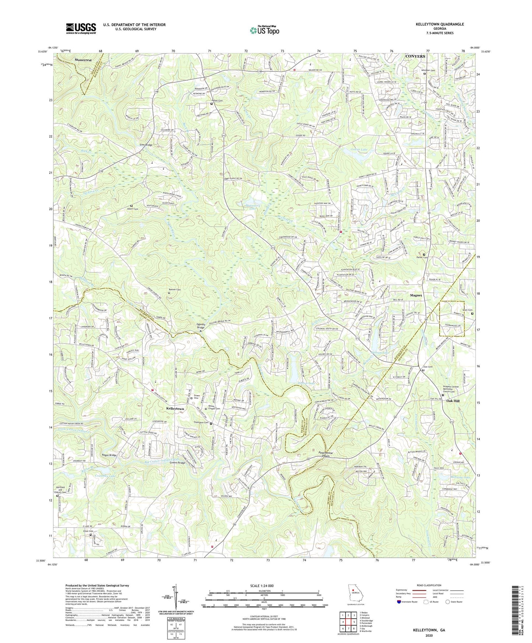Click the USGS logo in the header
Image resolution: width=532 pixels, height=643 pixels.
coord(81,28)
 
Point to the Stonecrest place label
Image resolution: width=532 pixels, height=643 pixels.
coord(82,59)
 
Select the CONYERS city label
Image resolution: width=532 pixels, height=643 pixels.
coord(415,56)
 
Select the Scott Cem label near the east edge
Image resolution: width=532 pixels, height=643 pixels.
coord(468,310)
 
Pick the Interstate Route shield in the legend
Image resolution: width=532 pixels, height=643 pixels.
coord(399,602)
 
